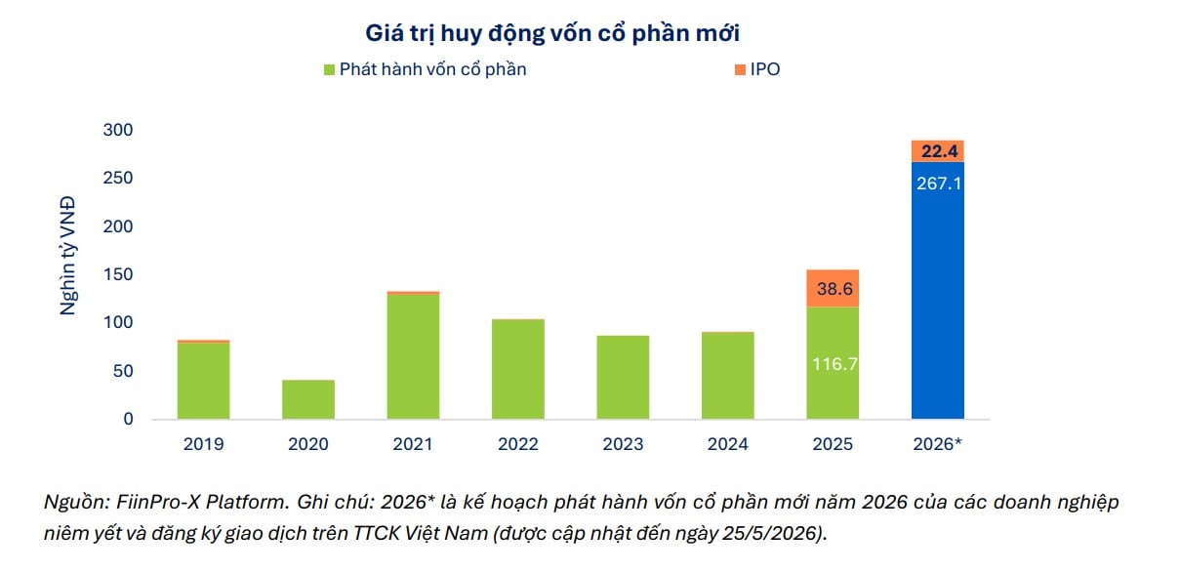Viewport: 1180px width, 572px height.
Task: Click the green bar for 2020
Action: pos(308,399)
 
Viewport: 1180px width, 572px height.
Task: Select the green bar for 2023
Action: pos(623,377)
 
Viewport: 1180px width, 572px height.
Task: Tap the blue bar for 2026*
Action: pos(938,290)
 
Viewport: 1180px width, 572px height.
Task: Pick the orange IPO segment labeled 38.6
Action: pos(833,288)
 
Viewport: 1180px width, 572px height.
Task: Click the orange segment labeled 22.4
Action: pos(938,151)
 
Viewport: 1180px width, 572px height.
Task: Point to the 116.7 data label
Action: pos(834,364)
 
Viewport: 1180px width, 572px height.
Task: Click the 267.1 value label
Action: pos(939,184)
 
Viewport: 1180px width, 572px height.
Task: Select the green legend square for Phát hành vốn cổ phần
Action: pos(329,69)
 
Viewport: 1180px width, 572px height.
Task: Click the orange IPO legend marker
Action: pos(740,69)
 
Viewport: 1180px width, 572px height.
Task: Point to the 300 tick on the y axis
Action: pos(118,130)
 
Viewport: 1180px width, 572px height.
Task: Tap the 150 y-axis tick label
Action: pos(118,274)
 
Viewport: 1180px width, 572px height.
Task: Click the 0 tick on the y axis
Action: pos(128,420)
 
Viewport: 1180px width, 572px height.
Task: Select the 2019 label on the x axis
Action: pos(203,444)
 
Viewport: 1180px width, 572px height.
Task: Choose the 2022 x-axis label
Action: pos(518,444)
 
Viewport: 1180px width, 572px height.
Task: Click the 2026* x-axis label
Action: pos(937,444)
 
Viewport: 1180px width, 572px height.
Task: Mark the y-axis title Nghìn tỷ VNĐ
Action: pos(68,256)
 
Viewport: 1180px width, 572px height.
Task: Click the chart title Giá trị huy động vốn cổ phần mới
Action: pos(552,33)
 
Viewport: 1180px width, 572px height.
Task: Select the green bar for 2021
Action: pos(413,356)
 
